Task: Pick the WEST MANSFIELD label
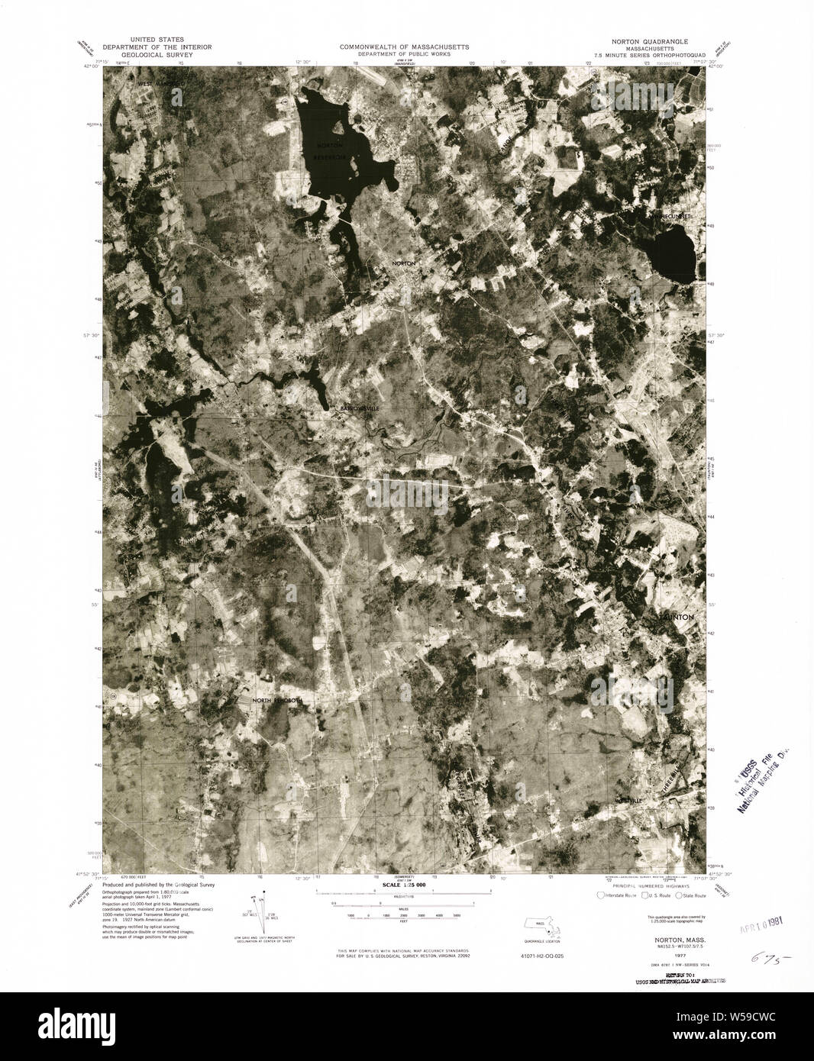tap(161, 82)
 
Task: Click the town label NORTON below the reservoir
tap(403, 263)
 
